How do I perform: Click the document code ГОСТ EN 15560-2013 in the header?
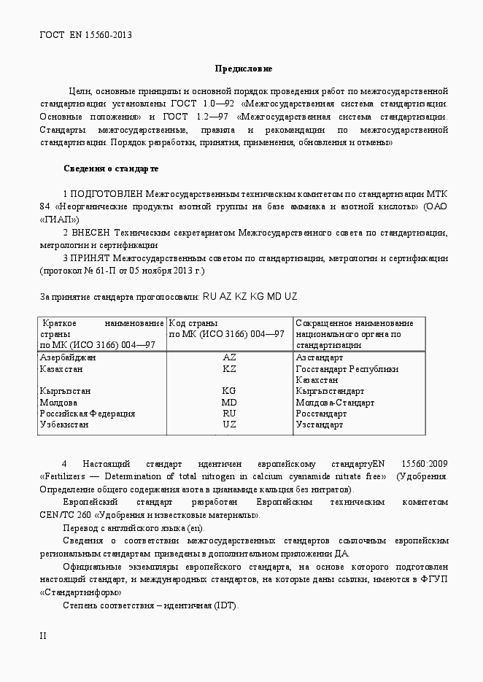coord(85,34)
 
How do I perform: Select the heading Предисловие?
coord(243,69)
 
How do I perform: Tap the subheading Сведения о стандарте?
coord(111,168)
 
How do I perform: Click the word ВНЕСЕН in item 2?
coord(93,233)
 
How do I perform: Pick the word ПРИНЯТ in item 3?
coord(92,257)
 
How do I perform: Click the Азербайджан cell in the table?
coord(68,357)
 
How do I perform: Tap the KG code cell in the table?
coord(229,391)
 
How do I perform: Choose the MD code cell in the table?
coord(229,402)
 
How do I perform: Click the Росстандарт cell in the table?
coord(320,413)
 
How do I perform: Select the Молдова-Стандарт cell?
coord(335,402)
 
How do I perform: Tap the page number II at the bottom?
coord(43,635)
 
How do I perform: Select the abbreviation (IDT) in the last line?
coord(225,605)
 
